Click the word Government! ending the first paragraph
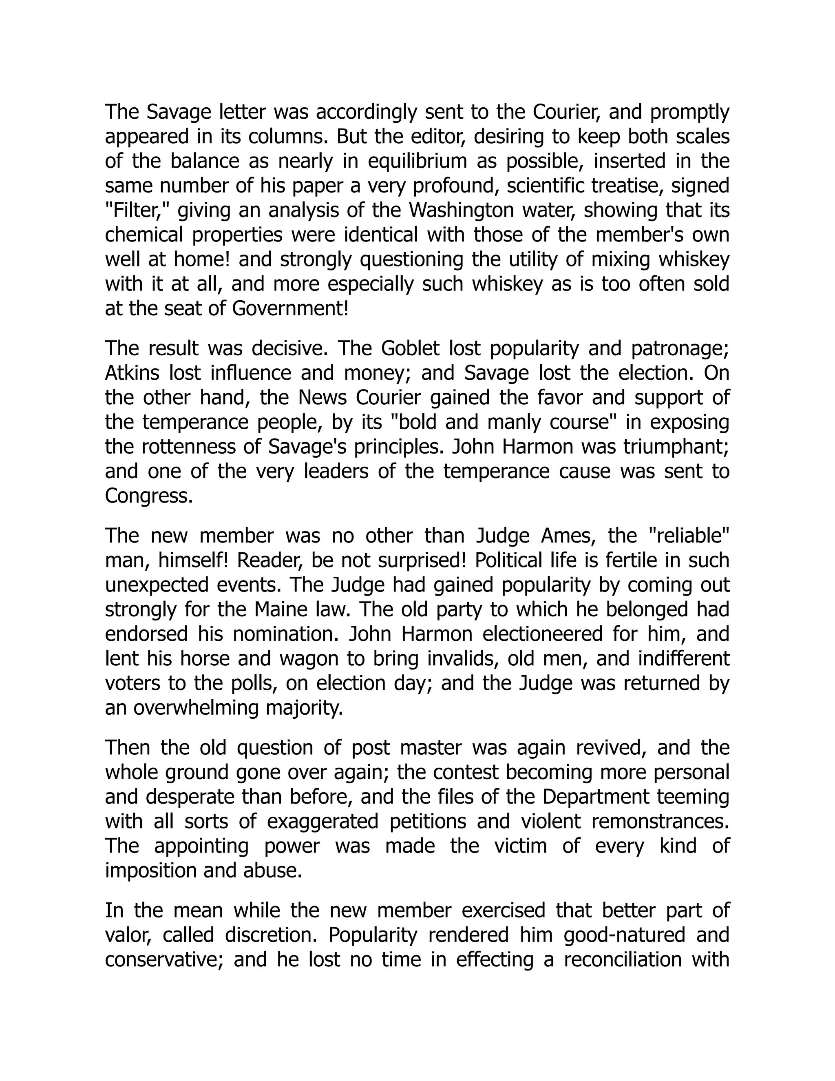pos(290,309)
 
